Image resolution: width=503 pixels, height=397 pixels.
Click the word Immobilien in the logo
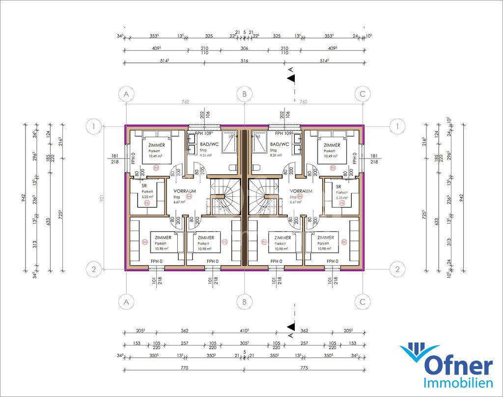click(458, 383)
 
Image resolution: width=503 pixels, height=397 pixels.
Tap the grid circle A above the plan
click(127, 94)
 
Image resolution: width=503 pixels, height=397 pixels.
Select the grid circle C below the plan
click(363, 301)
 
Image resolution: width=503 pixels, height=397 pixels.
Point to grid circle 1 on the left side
click(93, 127)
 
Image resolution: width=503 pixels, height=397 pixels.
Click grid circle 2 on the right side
click(397, 269)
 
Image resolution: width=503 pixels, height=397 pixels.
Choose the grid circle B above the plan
click(244, 94)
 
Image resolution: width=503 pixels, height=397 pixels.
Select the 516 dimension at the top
click(244, 60)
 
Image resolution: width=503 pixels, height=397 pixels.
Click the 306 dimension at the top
click(244, 48)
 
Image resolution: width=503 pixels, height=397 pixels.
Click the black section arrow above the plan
click(291, 78)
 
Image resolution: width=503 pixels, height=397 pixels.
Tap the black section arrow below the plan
click(291, 326)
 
